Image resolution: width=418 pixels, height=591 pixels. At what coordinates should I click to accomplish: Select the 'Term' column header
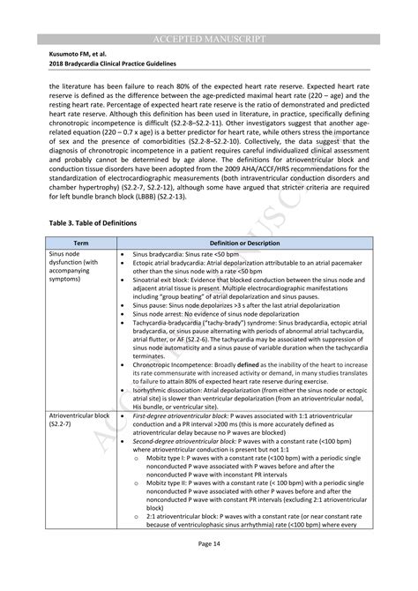(x=80, y=242)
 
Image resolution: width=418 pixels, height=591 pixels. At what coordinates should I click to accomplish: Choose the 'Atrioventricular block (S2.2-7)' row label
(x=80, y=418)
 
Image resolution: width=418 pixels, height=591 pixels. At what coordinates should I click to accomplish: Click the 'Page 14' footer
(x=209, y=569)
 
